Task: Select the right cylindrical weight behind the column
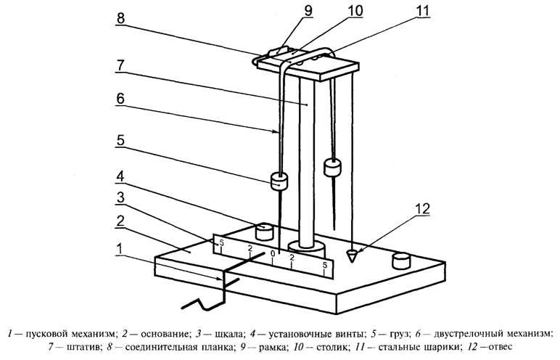[333, 168]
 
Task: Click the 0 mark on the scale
[273, 254]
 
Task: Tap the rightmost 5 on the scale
[324, 266]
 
